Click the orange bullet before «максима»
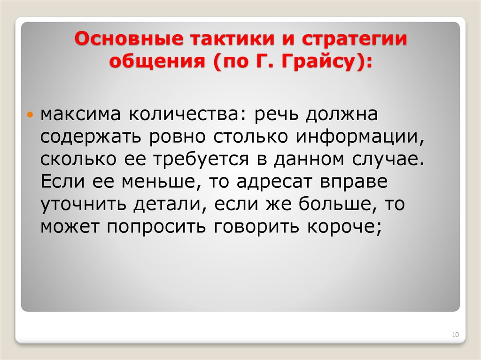click(x=31, y=115)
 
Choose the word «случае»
click(x=386, y=159)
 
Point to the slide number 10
click(x=455, y=335)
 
